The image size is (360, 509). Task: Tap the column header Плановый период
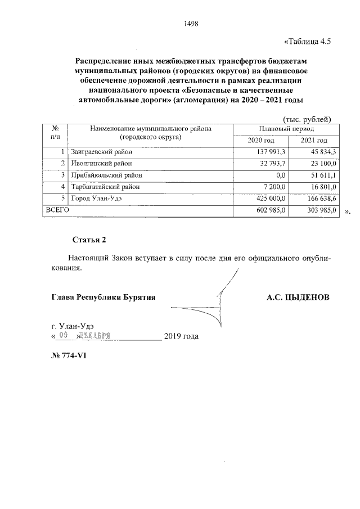click(286, 129)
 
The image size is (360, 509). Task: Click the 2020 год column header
click(261, 140)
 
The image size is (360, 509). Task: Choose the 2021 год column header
click(314, 140)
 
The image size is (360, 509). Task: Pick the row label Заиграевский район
click(102, 152)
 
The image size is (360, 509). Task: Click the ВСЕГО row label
click(57, 210)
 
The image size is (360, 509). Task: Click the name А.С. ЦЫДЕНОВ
click(298, 296)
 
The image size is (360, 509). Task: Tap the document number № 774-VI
click(67, 357)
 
